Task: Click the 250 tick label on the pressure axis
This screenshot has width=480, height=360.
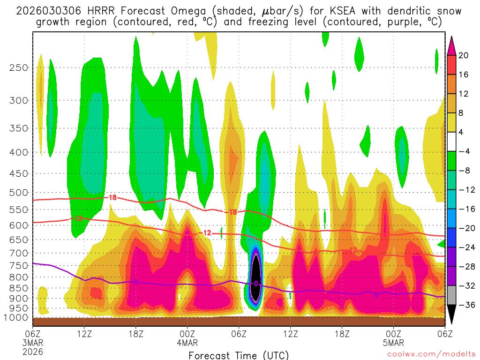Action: click(x=17, y=67)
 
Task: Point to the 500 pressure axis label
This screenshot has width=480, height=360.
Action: click(x=17, y=192)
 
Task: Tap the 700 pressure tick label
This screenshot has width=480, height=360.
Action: click(x=17, y=253)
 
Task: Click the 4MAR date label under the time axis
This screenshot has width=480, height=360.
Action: click(x=187, y=342)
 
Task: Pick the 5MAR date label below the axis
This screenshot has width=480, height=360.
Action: click(x=393, y=342)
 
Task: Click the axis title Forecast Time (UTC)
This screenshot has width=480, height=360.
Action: click(x=239, y=355)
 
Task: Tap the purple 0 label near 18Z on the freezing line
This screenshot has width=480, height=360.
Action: click(x=136, y=282)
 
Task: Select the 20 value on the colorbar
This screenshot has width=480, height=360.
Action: click(x=464, y=55)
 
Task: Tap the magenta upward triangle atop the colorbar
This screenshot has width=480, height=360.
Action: click(x=452, y=45)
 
